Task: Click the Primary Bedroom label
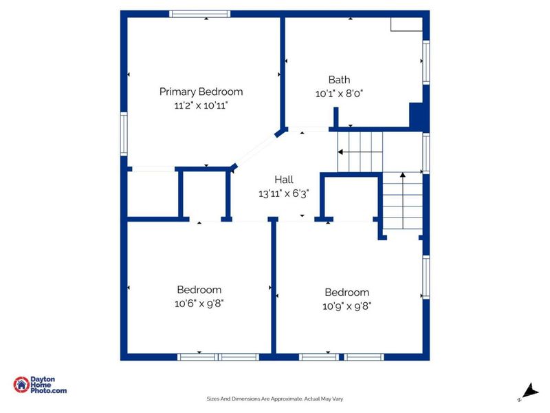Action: (201, 92)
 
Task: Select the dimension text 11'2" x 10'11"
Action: (201, 105)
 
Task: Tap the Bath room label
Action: (339, 80)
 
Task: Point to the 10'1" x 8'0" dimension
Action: (339, 93)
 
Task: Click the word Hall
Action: (284, 180)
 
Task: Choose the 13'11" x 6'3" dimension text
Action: (284, 193)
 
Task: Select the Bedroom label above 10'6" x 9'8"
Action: (199, 290)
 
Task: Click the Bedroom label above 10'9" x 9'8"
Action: (346, 292)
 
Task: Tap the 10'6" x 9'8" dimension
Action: (199, 304)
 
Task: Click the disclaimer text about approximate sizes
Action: (275, 398)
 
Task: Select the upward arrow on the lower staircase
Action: (402, 176)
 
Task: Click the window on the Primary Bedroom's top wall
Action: (201, 14)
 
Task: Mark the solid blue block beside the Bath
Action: (417, 116)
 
